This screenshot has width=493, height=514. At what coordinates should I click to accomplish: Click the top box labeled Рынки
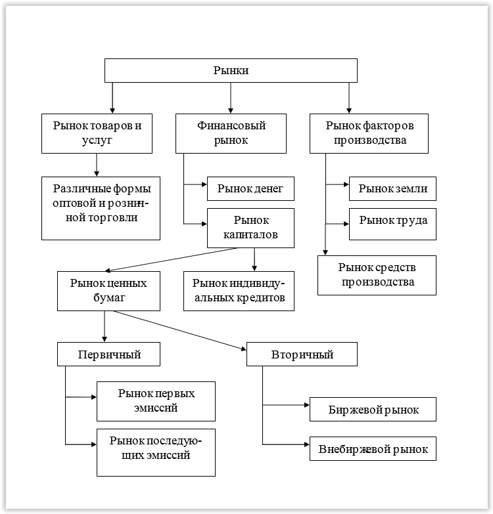tap(231, 70)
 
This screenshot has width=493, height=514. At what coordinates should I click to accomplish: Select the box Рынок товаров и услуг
tap(97, 133)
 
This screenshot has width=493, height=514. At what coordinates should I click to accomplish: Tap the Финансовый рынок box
tap(231, 133)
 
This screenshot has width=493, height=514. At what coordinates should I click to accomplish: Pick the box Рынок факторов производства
tap(369, 133)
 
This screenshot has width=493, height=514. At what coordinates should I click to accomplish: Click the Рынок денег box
tap(250, 188)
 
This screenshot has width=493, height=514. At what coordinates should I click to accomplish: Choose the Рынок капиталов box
tap(250, 228)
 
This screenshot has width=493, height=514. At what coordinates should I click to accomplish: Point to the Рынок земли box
tap(392, 188)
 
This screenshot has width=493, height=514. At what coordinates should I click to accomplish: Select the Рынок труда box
tap(392, 224)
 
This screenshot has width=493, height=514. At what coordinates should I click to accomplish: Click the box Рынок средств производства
tap(377, 275)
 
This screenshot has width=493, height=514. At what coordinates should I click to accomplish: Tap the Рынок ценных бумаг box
tap(108, 291)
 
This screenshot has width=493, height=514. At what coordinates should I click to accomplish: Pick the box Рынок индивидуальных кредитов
tap(239, 291)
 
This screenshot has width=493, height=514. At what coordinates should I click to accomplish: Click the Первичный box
tap(108, 354)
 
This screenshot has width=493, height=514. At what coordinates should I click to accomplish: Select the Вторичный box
tap(302, 354)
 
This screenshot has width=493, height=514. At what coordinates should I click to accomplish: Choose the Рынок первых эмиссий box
tap(156, 401)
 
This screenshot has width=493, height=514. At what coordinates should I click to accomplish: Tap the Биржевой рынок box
tap(373, 409)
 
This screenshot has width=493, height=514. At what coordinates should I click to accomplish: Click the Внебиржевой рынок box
tap(373, 448)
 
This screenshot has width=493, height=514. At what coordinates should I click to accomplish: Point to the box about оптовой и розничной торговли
tap(101, 209)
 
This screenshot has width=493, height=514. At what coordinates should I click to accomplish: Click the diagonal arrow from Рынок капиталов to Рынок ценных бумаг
tap(171, 259)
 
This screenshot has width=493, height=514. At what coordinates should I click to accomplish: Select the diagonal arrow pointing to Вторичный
tap(180, 330)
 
